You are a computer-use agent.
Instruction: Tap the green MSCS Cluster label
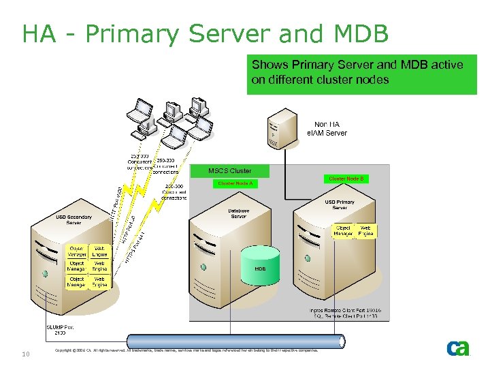click(x=229, y=170)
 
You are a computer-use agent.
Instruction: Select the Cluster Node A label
click(x=235, y=183)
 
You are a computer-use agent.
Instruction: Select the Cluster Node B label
click(x=346, y=179)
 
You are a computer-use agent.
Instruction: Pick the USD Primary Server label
click(x=340, y=204)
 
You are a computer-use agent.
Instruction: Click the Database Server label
click(x=238, y=213)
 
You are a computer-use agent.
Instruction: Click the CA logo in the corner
click(x=458, y=348)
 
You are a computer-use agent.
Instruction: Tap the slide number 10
click(x=25, y=354)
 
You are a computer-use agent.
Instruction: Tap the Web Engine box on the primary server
click(x=365, y=231)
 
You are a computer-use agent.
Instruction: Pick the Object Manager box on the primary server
click(x=343, y=231)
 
